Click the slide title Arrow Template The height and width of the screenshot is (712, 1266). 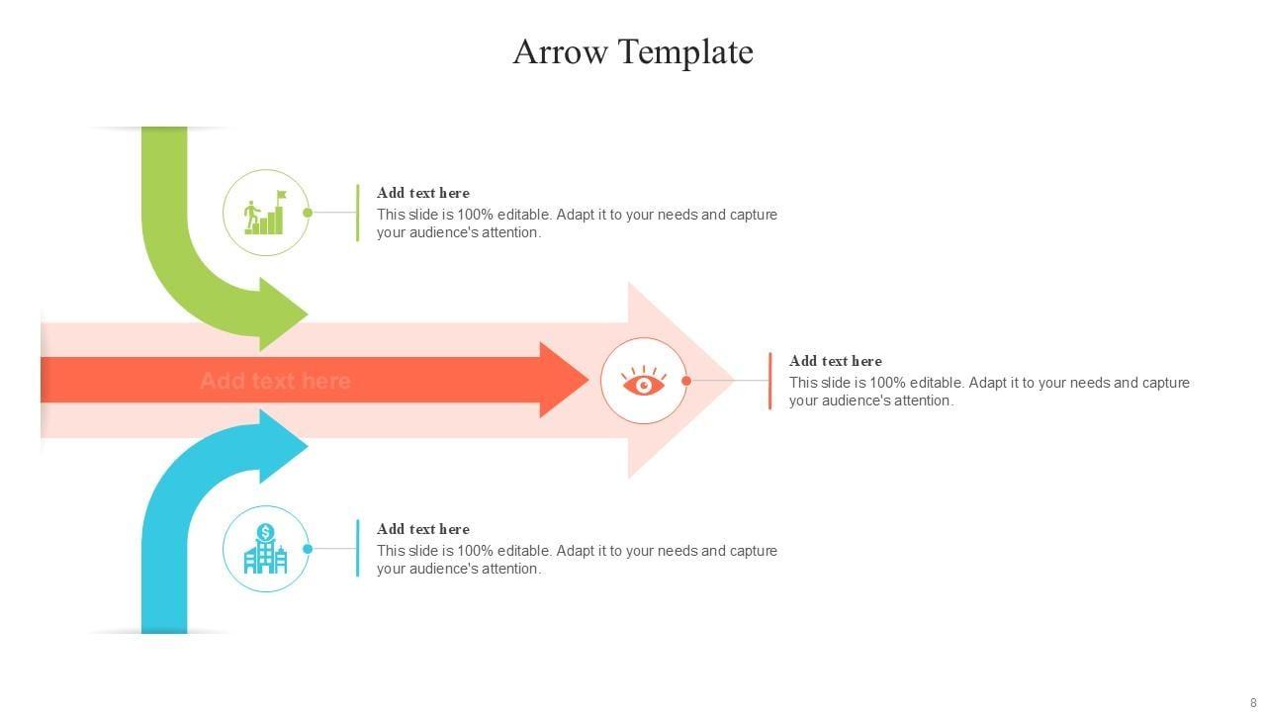(633, 51)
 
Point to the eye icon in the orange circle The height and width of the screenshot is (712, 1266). (644, 381)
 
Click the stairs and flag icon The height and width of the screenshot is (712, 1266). (266, 213)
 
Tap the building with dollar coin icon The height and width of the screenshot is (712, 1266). (266, 549)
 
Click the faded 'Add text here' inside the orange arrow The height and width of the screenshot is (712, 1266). (275, 381)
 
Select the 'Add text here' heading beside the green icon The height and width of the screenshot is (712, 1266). (423, 193)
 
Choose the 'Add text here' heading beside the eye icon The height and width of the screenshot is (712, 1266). (836, 361)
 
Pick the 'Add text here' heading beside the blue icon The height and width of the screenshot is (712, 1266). (423, 529)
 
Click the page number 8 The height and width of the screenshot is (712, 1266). (1253, 703)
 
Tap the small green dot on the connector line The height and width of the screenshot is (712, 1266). (308, 213)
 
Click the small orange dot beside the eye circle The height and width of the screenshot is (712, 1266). (686, 381)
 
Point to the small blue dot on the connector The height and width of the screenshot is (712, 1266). (308, 549)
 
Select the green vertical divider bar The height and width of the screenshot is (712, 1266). (357, 213)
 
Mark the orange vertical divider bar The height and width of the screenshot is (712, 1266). (769, 381)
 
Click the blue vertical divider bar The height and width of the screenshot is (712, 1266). (357, 549)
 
